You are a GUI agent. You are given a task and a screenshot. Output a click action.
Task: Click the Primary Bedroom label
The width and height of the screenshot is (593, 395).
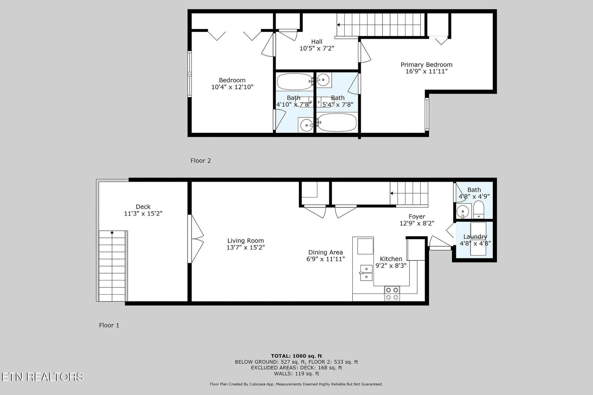click(426, 65)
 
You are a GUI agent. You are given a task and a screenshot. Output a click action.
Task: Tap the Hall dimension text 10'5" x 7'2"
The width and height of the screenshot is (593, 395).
click(317, 48)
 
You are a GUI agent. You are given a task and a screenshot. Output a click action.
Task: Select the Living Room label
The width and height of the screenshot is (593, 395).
click(246, 241)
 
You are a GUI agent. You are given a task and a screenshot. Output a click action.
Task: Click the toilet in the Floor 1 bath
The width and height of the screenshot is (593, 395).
click(479, 209)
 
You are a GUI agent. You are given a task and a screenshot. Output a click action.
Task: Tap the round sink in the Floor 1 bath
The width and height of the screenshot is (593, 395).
click(463, 211)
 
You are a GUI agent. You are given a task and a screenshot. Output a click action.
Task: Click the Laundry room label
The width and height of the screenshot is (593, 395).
click(475, 236)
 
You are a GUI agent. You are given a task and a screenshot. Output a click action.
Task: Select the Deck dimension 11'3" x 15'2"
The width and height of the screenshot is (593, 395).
click(143, 213)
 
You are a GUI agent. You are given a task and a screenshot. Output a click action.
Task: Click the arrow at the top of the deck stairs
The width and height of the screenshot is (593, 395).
click(112, 233)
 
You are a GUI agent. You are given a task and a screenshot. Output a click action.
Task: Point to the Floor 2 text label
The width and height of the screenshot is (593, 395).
click(200, 161)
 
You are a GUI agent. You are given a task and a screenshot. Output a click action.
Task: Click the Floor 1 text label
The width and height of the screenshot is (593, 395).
click(109, 325)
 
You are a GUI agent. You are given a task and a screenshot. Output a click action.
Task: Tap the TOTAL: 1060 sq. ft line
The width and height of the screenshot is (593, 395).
click(296, 356)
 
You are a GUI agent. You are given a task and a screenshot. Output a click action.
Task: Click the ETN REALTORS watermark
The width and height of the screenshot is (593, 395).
click(42, 377)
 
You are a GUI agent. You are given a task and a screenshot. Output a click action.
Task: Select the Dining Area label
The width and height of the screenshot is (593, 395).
click(325, 252)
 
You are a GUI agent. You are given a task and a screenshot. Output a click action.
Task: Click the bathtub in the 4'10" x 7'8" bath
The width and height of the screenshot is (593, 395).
click(294, 82)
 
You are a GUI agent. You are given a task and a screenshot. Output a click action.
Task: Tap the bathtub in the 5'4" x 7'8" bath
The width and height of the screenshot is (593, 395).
click(337, 122)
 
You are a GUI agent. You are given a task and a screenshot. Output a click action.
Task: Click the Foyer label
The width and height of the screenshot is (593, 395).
click(417, 217)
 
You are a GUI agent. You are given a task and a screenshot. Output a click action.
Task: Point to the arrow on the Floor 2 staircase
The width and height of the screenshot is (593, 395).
click(339, 25)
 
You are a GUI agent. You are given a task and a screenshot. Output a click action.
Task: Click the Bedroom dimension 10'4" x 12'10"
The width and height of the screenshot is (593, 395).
click(232, 87)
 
